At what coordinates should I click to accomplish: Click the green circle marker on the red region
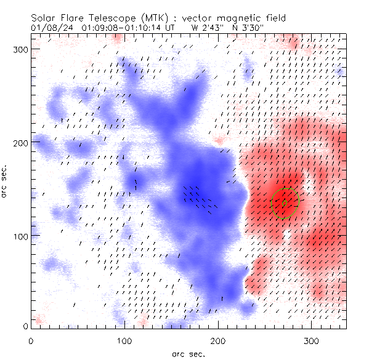click(285, 203)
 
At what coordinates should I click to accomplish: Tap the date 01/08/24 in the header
click(49, 28)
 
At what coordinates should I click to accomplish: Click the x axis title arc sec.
click(188, 354)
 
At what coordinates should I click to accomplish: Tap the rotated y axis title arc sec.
click(6, 178)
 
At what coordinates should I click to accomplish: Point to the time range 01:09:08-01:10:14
click(116, 28)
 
